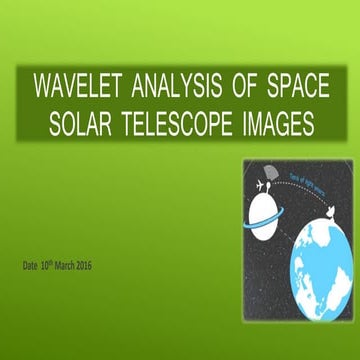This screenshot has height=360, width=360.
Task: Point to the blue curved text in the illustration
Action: pos(310,181)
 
